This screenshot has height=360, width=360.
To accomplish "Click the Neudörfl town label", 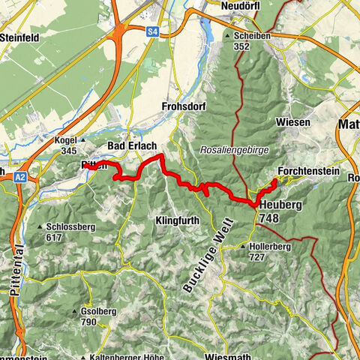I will pyautogui.click(x=241, y=6).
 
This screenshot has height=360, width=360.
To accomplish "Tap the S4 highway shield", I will pyautogui.click(x=153, y=31).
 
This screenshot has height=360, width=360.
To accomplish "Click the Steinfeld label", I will pyautogui.click(x=25, y=35).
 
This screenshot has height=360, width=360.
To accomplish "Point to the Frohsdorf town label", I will pyautogui.click(x=183, y=107).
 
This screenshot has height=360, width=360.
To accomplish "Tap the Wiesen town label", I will pyautogui.click(x=294, y=122).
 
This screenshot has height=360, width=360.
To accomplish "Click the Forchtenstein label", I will pyautogui.click(x=308, y=171).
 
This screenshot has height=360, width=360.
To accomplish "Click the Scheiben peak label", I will pyautogui.click(x=252, y=35).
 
